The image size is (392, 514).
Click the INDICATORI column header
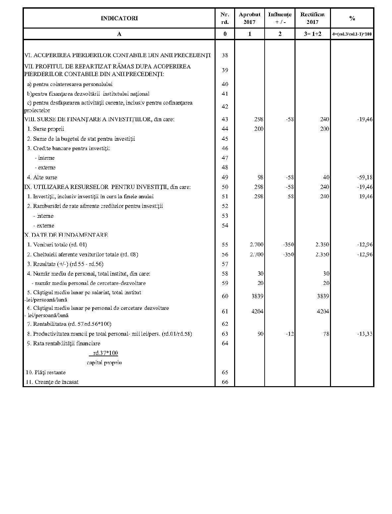click(119, 18)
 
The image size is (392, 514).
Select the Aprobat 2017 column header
click(249, 18)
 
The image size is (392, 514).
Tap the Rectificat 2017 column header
click(312, 18)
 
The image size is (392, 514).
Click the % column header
click(352, 18)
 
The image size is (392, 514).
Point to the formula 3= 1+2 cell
click(312, 34)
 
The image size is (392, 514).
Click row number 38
click(225, 55)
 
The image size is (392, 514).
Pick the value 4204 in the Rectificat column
click(323, 311)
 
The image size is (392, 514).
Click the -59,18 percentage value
click(365, 177)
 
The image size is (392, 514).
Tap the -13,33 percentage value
click(365, 334)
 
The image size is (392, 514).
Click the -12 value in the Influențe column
click(290, 334)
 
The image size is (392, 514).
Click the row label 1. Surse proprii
click(46, 129)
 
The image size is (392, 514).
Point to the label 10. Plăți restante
click(46, 373)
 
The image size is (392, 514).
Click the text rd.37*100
click(105, 353)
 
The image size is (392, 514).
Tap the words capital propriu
click(104, 363)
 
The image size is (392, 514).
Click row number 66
click(225, 382)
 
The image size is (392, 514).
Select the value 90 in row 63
click(260, 334)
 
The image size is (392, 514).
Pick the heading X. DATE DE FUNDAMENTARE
click(66, 235)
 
